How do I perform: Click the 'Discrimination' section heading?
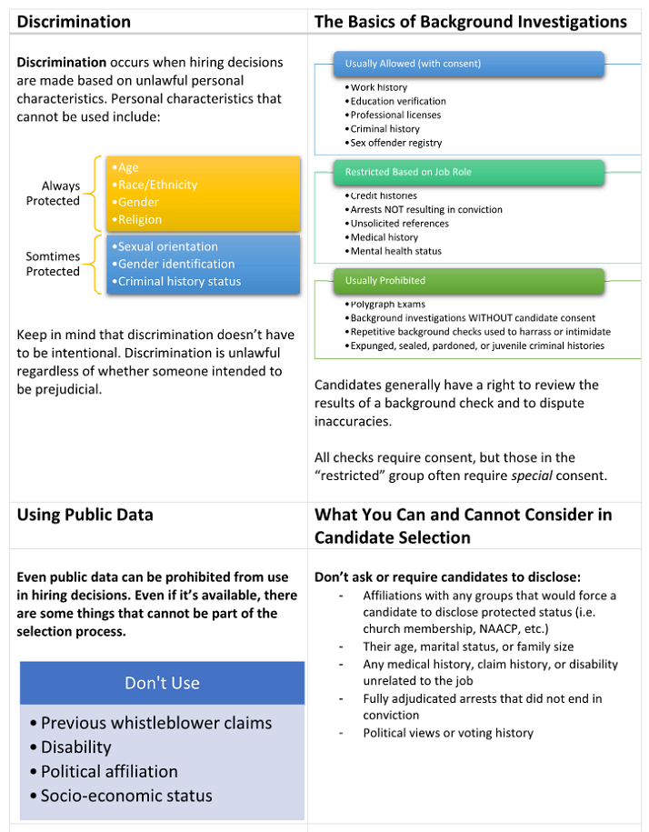(x=74, y=21)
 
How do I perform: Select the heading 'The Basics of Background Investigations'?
(x=470, y=21)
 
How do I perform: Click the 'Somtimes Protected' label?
(x=54, y=264)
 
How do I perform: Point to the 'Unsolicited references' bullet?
(x=399, y=224)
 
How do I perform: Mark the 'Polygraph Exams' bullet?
(x=387, y=305)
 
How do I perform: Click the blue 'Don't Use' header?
(x=162, y=683)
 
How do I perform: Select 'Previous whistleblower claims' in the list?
(x=155, y=723)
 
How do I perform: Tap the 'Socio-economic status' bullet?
(x=126, y=796)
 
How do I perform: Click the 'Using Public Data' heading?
(x=85, y=516)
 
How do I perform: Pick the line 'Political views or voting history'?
(x=448, y=733)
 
